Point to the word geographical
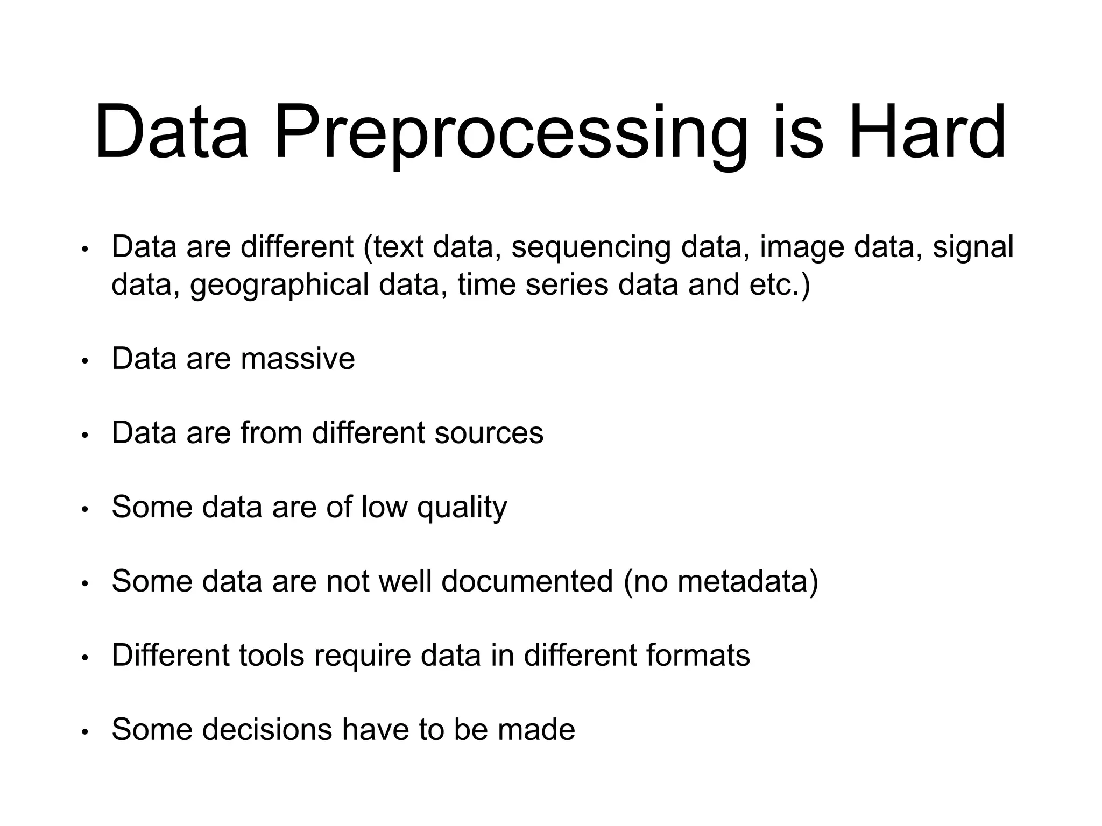click(x=279, y=285)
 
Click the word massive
click(x=298, y=359)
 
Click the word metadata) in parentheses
click(x=747, y=581)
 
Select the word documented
click(x=527, y=581)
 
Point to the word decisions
click(x=267, y=730)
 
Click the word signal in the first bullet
click(x=973, y=247)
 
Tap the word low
click(x=384, y=508)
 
